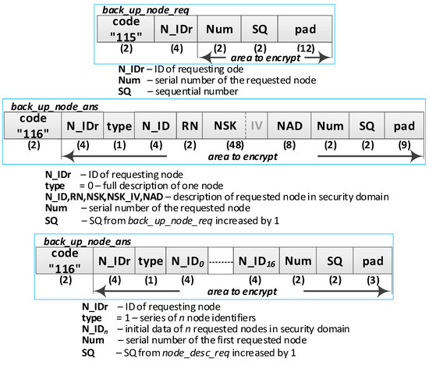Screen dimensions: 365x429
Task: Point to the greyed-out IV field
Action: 257,124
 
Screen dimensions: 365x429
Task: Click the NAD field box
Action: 289,124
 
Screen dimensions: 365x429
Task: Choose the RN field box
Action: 189,124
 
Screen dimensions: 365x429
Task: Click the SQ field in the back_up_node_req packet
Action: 260,30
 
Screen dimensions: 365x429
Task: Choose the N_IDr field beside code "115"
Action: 175,30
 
